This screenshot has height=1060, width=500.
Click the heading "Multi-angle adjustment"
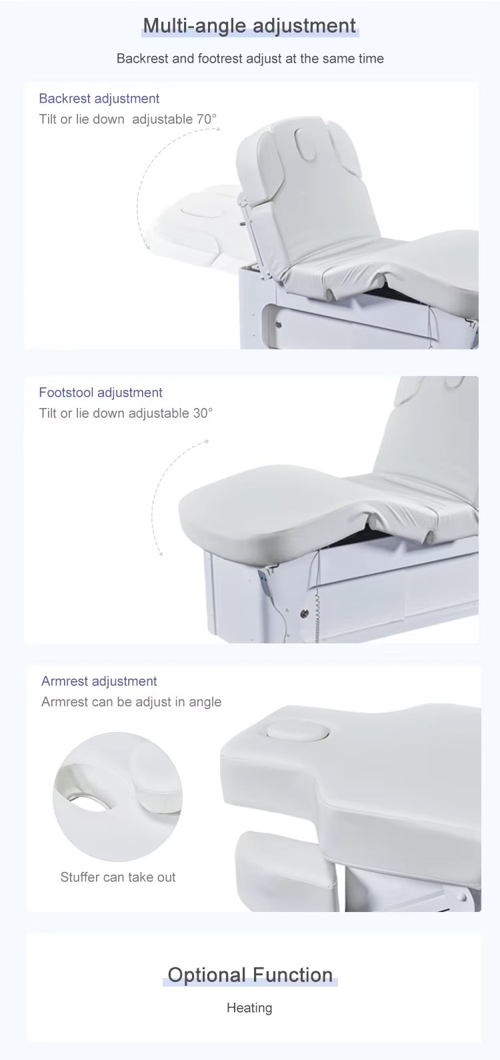pyautogui.click(x=249, y=25)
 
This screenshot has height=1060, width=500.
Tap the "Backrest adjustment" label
pyautogui.click(x=99, y=99)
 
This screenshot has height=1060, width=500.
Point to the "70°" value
pyautogui.click(x=206, y=119)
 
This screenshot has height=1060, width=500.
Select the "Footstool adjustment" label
pyautogui.click(x=100, y=392)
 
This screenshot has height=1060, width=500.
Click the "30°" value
pyautogui.click(x=203, y=413)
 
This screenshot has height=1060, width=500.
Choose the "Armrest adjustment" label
pyautogui.click(x=99, y=681)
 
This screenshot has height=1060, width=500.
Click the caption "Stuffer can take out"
pyautogui.click(x=118, y=877)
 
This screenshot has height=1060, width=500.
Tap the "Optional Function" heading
pyautogui.click(x=250, y=975)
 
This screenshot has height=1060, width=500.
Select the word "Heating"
pyautogui.click(x=249, y=1007)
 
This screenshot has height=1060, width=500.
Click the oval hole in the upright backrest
pyautogui.click(x=304, y=145)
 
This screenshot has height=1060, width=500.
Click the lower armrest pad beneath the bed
pyautogui.click(x=286, y=870)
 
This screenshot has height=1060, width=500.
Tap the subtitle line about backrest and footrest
pyautogui.click(x=250, y=59)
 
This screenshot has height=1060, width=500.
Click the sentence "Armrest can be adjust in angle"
pyautogui.click(x=131, y=702)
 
